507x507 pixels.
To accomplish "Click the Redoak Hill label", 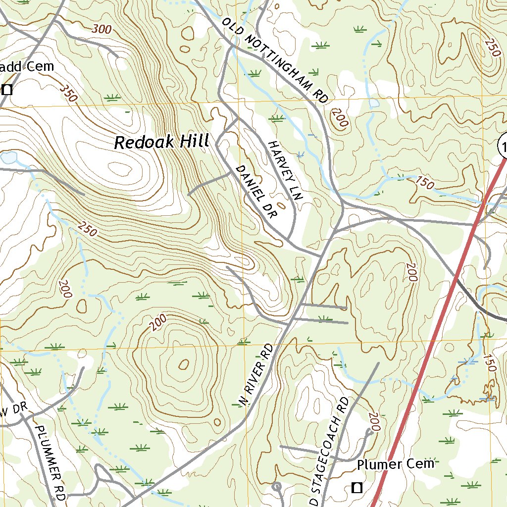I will pyautogui.click(x=161, y=142).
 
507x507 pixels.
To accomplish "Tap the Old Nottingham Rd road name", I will pyautogui.click(x=275, y=60).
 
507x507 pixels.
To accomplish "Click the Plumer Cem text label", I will pyautogui.click(x=395, y=464).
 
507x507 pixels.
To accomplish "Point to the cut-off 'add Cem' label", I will pyautogui.click(x=27, y=67).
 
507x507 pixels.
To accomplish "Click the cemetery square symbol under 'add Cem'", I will pyautogui.click(x=7, y=90).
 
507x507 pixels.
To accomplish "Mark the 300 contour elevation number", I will pyautogui.click(x=102, y=30).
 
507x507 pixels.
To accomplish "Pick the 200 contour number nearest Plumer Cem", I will pyautogui.click(x=374, y=422).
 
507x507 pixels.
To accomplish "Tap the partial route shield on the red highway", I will pyautogui.click(x=503, y=147).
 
